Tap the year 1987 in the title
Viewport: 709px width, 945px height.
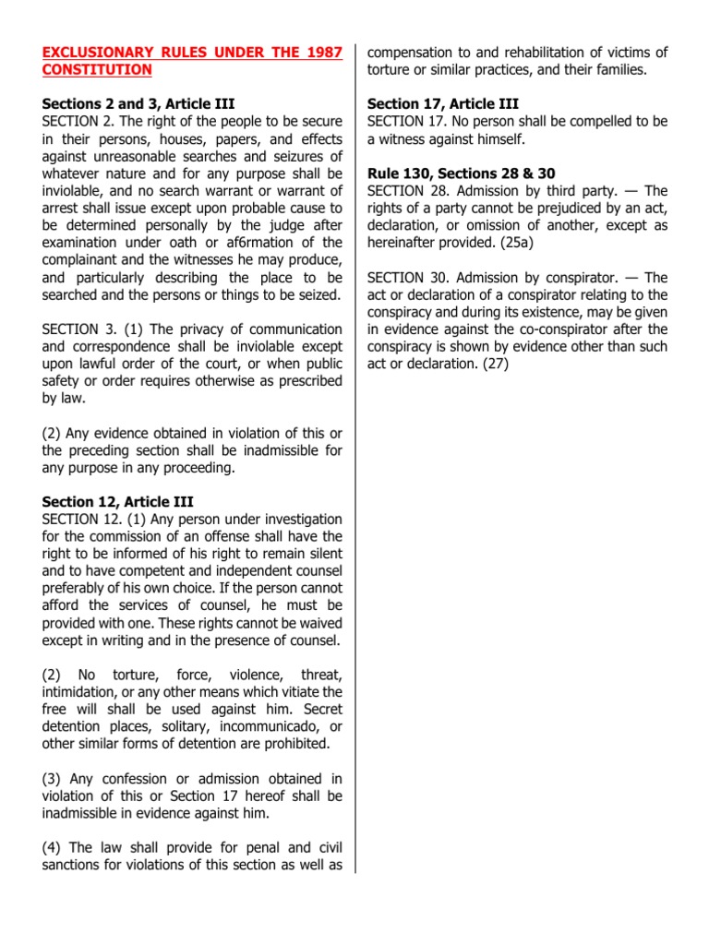click(321, 52)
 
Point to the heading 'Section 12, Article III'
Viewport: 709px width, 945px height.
click(117, 502)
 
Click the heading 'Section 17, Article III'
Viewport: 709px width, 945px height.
click(443, 104)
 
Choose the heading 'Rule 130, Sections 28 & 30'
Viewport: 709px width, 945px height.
click(462, 173)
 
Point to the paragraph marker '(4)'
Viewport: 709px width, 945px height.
click(53, 848)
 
